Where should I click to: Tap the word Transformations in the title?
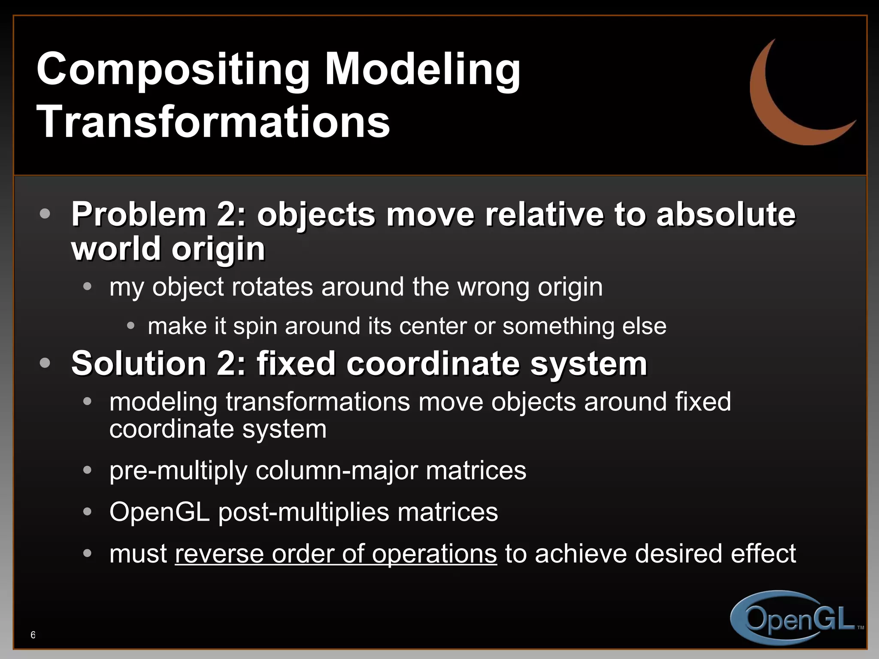coord(213,122)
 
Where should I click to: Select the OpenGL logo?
coord(796,618)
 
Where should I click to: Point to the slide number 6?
coord(33,635)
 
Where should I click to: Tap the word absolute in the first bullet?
coord(726,214)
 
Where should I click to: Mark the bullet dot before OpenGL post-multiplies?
coord(88,512)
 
